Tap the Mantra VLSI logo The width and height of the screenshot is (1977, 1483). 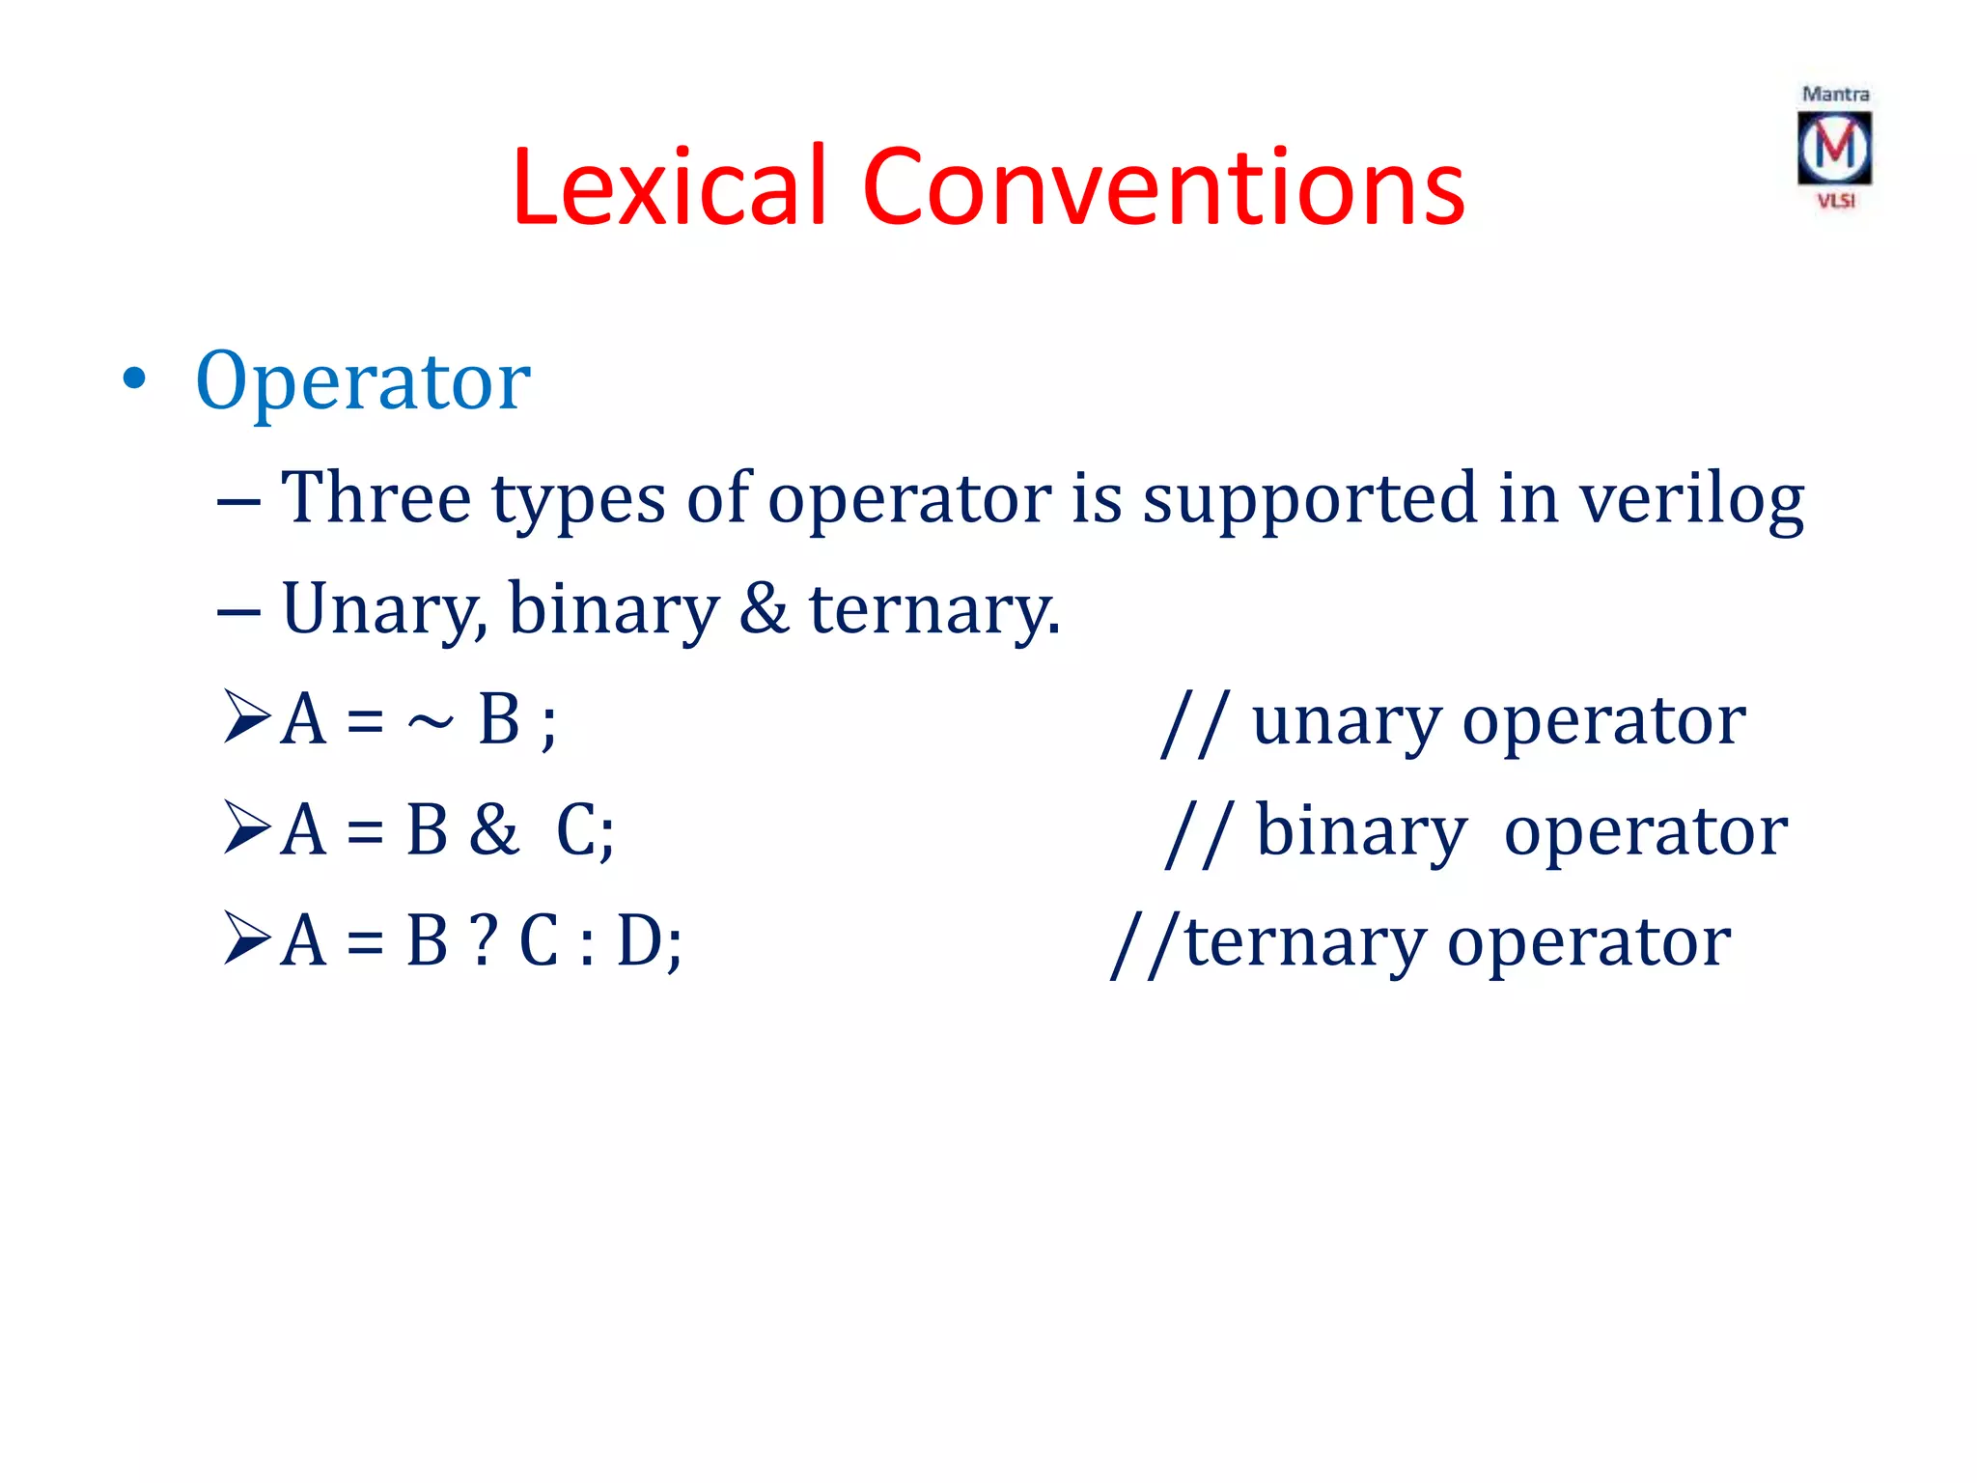pyautogui.click(x=1834, y=148)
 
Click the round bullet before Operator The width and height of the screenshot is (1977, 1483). pyautogui.click(x=134, y=379)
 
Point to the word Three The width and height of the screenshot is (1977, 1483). pyautogui.click(x=376, y=499)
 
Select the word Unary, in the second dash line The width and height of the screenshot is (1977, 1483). pyautogui.click(x=384, y=611)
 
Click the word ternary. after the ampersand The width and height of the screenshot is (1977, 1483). pyautogui.click(x=933, y=611)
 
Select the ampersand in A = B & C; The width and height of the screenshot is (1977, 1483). pyautogui.click(x=493, y=830)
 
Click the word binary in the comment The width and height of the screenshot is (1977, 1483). pyautogui.click(x=1360, y=832)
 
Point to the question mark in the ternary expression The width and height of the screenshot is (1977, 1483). pyautogui.click(x=484, y=941)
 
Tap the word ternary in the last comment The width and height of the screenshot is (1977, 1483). pyautogui.click(x=1304, y=943)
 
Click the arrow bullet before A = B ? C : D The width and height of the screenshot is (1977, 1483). pyautogui.click(x=246, y=938)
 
